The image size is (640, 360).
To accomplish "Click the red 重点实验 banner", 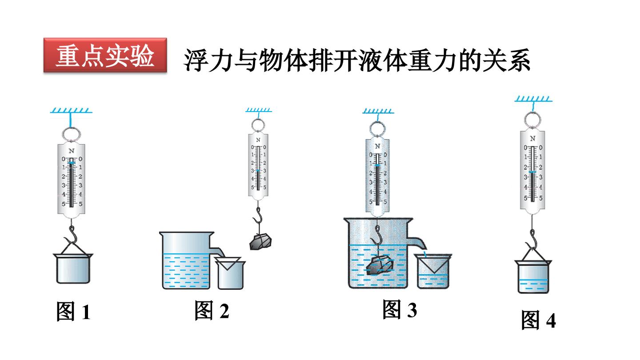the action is [105, 55].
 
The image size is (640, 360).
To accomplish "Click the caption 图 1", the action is [73, 312].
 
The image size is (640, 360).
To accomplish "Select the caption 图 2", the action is [212, 310].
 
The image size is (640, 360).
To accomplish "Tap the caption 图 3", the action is [400, 309].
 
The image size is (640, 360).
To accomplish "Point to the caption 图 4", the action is [539, 320].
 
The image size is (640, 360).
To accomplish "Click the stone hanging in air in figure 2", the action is [260, 242].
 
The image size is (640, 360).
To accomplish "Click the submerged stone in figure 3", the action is [380, 266].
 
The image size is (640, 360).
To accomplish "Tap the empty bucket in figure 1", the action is [73, 268].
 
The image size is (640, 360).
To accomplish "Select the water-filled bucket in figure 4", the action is [533, 276].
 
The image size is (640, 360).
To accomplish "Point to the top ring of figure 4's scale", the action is [532, 120].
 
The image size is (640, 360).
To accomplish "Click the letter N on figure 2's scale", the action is [258, 140].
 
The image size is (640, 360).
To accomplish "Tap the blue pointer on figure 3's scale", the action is [377, 165].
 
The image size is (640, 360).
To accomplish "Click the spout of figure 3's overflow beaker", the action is [417, 243].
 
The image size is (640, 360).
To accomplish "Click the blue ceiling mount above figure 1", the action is [71, 111].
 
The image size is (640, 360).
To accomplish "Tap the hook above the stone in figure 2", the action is [258, 215].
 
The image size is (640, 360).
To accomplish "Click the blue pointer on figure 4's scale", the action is [532, 172].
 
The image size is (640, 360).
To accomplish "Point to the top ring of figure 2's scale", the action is [258, 125].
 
